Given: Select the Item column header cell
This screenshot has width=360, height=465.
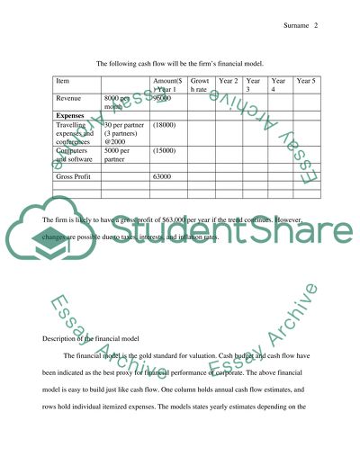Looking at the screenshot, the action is click(62, 81).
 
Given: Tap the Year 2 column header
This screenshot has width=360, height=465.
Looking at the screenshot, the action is click(229, 81).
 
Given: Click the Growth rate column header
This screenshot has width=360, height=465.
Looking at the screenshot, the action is click(200, 85).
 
